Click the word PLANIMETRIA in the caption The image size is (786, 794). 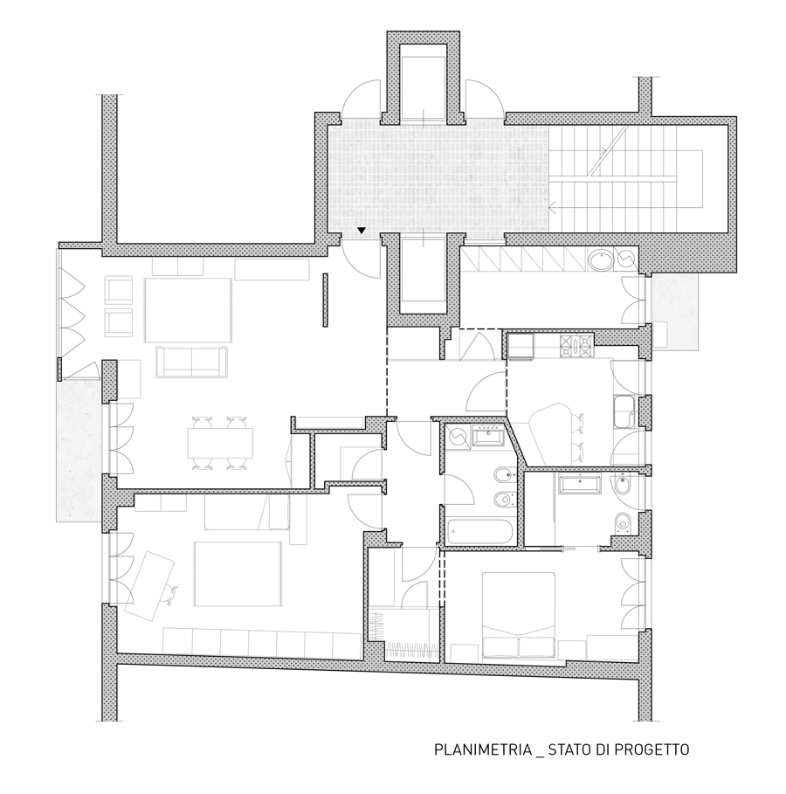(x=482, y=749)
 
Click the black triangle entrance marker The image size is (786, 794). (x=361, y=231)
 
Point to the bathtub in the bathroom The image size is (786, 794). (x=479, y=532)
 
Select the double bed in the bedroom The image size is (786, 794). (x=518, y=616)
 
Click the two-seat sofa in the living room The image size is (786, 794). (x=192, y=362)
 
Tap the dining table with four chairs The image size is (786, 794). (x=220, y=443)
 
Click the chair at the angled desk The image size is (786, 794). (x=170, y=593)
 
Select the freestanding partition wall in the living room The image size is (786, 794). (x=325, y=300)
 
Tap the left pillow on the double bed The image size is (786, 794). (x=500, y=646)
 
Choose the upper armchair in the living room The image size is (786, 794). (x=119, y=289)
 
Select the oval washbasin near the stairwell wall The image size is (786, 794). (x=601, y=260)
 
